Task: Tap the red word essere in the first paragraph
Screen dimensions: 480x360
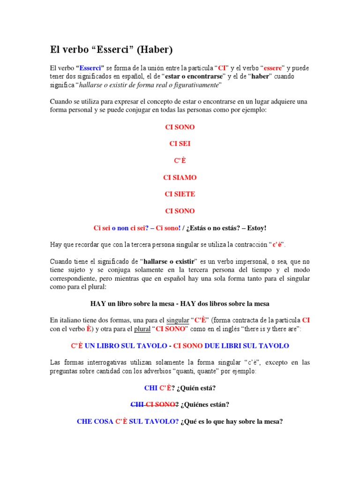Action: point(272,68)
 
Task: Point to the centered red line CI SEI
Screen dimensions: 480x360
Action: point(180,144)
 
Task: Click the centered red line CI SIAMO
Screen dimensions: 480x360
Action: point(180,178)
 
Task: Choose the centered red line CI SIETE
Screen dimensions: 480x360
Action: point(180,194)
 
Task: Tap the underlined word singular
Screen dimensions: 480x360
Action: point(178,320)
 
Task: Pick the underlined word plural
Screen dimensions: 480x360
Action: point(142,329)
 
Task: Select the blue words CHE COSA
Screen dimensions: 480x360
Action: point(95,421)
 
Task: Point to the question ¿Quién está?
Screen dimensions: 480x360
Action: point(196,388)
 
